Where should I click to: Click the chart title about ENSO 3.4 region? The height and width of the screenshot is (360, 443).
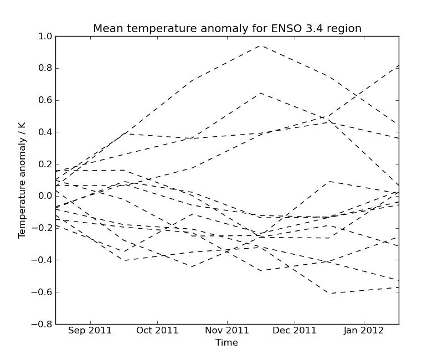(227, 29)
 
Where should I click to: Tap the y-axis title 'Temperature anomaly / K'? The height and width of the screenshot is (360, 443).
(22, 180)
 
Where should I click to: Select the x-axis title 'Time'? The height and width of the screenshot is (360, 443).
(226, 343)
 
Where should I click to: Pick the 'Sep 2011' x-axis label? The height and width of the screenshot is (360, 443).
(90, 331)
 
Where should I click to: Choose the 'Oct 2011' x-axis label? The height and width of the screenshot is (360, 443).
(157, 331)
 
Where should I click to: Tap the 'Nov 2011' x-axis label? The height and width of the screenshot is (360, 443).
(227, 331)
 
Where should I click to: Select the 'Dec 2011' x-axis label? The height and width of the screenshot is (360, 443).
(295, 331)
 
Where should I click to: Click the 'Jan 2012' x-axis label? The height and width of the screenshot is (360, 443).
(363, 331)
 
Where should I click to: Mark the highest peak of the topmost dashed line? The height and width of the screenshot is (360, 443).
(261, 45)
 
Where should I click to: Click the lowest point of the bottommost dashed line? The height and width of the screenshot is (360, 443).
(330, 293)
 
